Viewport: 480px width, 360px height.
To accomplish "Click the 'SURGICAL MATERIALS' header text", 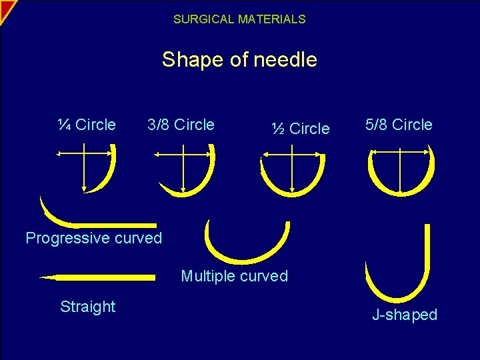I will click(x=239, y=19).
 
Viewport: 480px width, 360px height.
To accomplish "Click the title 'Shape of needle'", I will click(x=239, y=60).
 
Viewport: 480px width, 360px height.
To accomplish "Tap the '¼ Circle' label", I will click(x=86, y=125).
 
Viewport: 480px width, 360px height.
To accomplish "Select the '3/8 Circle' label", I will click(x=181, y=125).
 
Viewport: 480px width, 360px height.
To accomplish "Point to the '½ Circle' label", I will click(x=301, y=129).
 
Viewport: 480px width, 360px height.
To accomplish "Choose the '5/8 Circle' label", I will click(x=399, y=125).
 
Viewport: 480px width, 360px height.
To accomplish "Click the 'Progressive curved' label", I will click(x=94, y=238).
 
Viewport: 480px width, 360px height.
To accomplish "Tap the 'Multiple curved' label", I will click(x=235, y=276).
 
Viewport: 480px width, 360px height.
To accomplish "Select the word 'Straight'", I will click(x=88, y=307).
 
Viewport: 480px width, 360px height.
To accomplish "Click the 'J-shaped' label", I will click(x=405, y=315).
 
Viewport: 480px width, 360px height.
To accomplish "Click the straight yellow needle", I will click(x=100, y=277).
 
